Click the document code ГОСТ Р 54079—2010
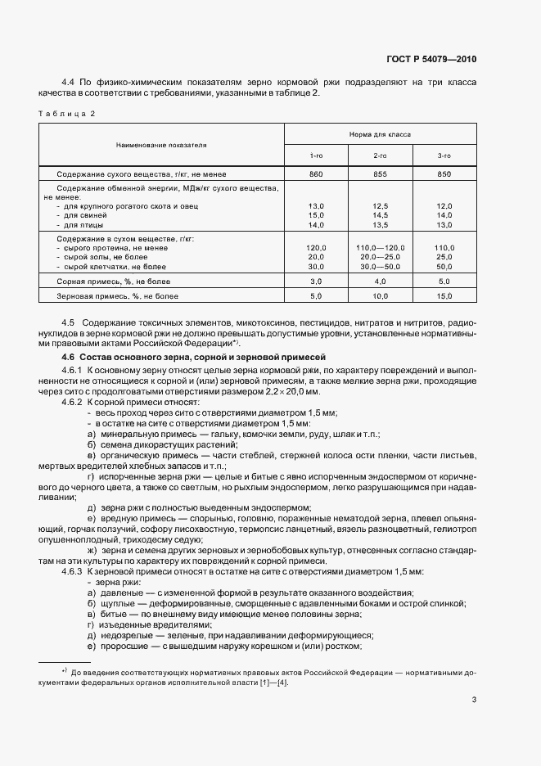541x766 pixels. coord(432,59)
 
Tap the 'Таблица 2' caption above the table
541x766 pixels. coord(67,113)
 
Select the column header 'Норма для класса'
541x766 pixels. coord(381,133)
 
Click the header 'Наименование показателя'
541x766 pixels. coord(161,144)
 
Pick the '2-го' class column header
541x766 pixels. coord(380,155)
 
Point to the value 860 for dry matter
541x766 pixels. coord(316,174)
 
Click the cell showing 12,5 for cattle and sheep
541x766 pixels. coord(380,205)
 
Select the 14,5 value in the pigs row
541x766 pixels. coord(380,214)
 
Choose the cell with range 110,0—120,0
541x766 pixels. coord(380,247)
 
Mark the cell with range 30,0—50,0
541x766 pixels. coord(380,266)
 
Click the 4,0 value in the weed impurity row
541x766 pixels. coord(380,281)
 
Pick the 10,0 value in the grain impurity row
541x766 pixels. coord(380,295)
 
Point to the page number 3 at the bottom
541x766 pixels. coord(475,699)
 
